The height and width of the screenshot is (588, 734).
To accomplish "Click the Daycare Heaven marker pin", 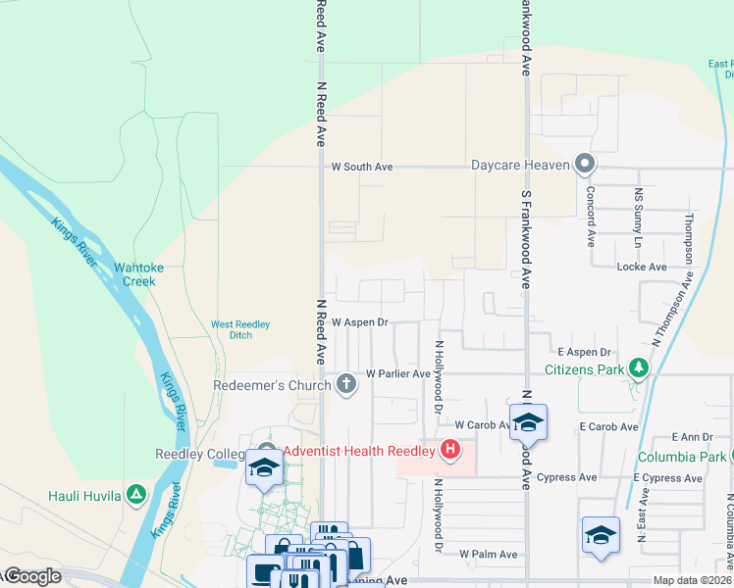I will pyautogui.click(x=586, y=165).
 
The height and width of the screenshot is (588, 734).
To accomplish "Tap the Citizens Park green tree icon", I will pyautogui.click(x=640, y=369).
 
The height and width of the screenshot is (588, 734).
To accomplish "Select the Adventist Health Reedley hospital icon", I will pyautogui.click(x=450, y=451).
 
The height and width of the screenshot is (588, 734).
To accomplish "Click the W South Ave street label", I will pyautogui.click(x=362, y=168).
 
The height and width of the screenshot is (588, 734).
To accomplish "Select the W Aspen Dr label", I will pyautogui.click(x=360, y=321).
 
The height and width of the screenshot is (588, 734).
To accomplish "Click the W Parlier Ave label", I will pyautogui.click(x=397, y=374).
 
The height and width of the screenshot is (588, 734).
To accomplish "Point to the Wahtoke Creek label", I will pyautogui.click(x=134, y=273).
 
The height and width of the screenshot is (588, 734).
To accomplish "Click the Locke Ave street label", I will pyautogui.click(x=641, y=267).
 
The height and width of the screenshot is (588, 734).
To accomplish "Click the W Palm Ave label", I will pyautogui.click(x=489, y=555).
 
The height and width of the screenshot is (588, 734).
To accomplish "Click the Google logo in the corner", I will pyautogui.click(x=31, y=576).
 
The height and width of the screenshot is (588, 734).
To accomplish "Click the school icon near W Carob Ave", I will pyautogui.click(x=528, y=422).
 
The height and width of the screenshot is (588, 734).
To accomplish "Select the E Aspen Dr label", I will pyautogui.click(x=584, y=352).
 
